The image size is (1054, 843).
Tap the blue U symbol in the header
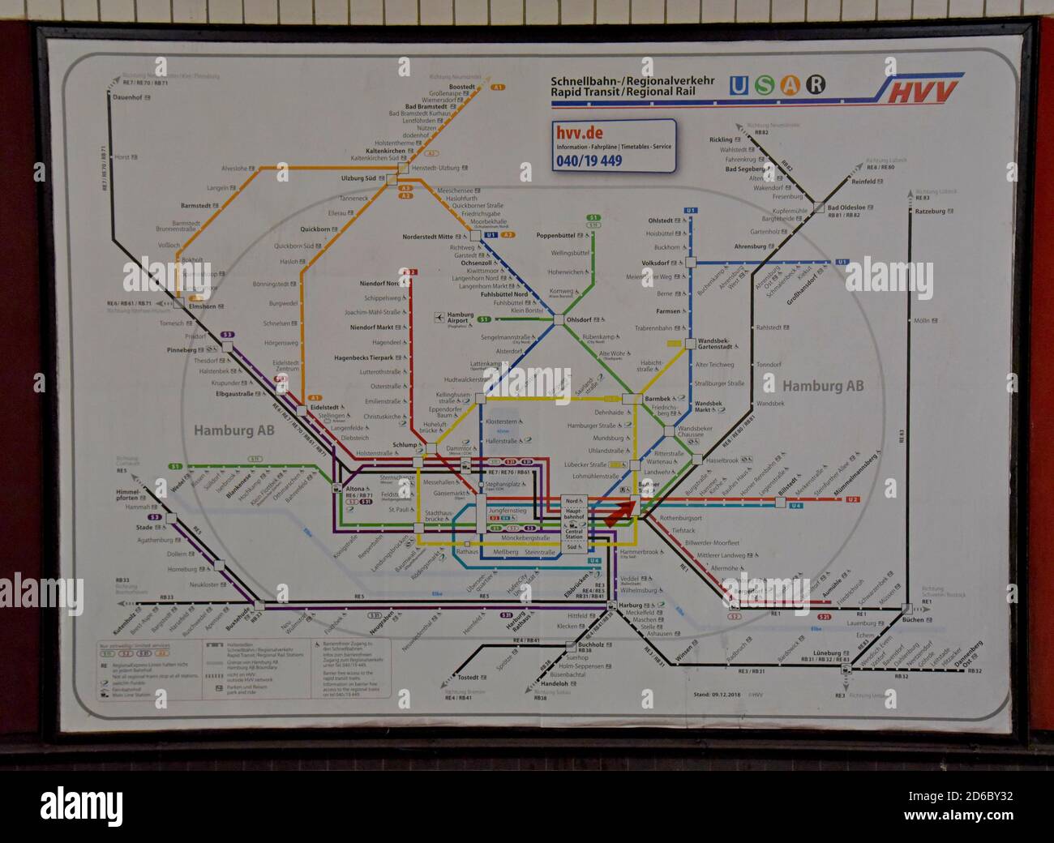(x=738, y=85)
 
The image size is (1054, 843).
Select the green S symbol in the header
(x=764, y=85)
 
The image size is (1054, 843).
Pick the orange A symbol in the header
(x=790, y=85)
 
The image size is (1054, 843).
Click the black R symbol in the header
(x=816, y=85)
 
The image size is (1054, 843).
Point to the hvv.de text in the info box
(x=579, y=133)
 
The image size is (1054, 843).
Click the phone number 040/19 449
(x=589, y=160)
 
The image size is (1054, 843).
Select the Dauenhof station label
(x=126, y=97)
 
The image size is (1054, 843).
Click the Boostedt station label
(x=462, y=87)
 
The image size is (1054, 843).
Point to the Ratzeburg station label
(x=930, y=211)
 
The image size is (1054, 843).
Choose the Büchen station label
(x=912, y=620)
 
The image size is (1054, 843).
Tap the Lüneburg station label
(x=827, y=653)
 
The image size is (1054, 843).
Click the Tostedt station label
(x=468, y=678)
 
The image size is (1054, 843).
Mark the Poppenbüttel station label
(x=555, y=236)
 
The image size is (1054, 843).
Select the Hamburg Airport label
(x=460, y=318)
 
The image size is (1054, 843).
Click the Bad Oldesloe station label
(x=846, y=208)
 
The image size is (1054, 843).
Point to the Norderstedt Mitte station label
(x=427, y=237)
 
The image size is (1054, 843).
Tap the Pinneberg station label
(x=182, y=350)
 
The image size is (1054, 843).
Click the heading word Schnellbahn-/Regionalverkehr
(x=632, y=81)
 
